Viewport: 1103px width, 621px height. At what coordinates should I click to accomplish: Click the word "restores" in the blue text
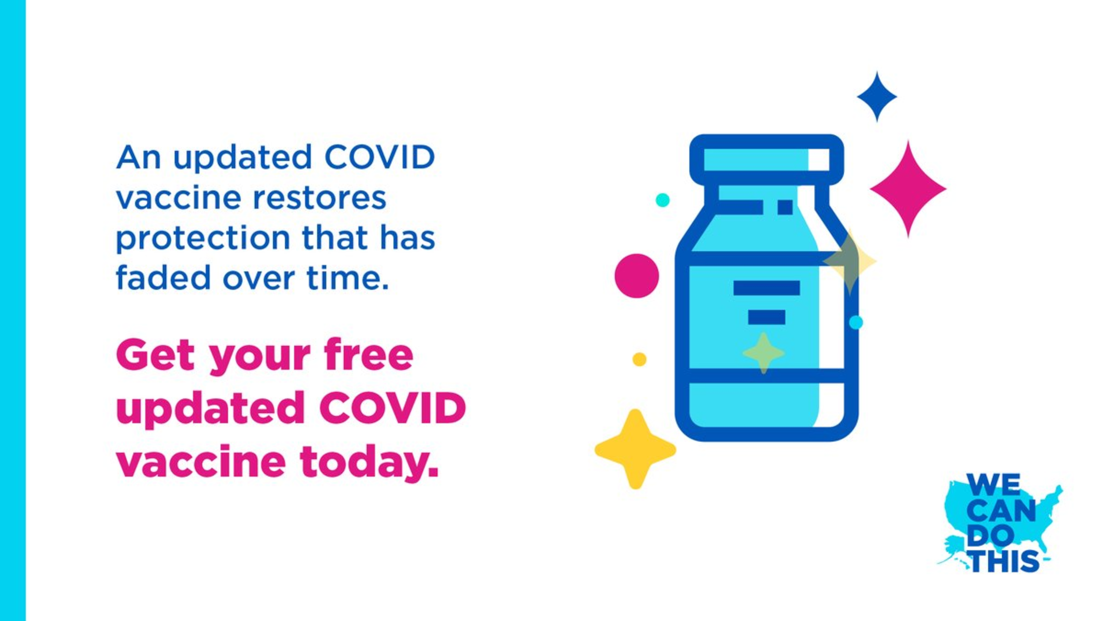click(319, 198)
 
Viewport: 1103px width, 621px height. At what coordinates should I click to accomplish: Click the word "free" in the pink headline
click(369, 355)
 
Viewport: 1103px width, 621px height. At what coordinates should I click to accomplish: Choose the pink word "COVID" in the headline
click(393, 408)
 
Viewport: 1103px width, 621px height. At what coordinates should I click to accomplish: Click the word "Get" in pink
click(155, 355)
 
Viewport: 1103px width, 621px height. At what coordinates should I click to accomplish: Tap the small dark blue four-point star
click(877, 97)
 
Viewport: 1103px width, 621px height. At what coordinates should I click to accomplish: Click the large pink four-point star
click(908, 189)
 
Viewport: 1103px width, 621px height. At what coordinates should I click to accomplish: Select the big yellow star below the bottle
click(635, 450)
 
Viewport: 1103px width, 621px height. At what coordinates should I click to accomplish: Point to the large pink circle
click(636, 276)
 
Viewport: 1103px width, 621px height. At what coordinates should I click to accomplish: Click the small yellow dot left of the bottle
click(639, 359)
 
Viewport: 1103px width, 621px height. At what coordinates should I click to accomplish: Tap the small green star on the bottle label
click(763, 353)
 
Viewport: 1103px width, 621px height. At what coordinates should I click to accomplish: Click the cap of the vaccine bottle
click(767, 159)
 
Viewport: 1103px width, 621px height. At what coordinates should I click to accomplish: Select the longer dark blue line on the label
click(767, 288)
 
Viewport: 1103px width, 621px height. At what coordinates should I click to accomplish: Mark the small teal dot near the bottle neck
click(662, 200)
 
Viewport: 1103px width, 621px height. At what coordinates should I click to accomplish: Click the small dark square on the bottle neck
click(785, 207)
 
